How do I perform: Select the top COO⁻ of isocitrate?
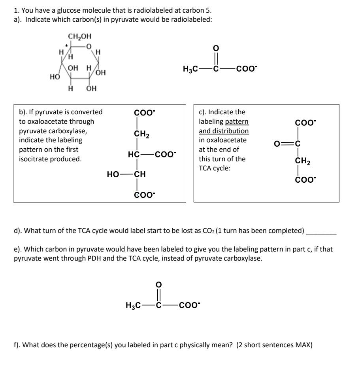pos(144,113)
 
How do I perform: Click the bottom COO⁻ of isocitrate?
pos(144,195)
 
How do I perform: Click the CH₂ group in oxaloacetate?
pos(303,161)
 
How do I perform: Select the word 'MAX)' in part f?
pos(303,344)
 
